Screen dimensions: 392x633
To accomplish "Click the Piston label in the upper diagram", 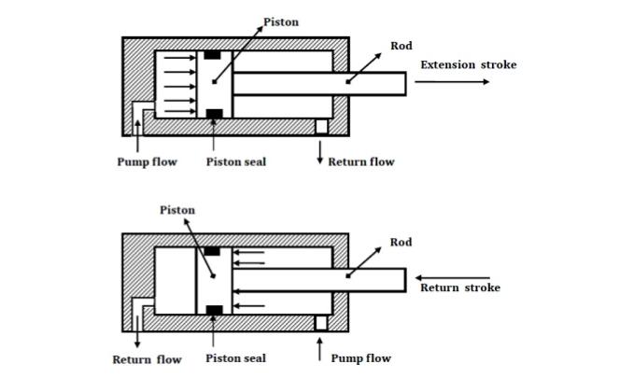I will point(282,21).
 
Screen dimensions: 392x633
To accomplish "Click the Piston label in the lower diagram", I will point(176,210).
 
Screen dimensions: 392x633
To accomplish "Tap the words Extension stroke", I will point(468,64).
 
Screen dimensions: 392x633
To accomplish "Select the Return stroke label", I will point(459,287).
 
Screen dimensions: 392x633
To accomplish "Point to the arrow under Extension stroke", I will point(452,82).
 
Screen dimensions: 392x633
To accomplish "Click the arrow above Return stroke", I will point(452,277).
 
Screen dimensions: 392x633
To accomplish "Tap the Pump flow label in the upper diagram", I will point(147,161).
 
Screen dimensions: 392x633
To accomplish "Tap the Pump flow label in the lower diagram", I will point(360,358).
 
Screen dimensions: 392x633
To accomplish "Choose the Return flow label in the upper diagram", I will point(360,161).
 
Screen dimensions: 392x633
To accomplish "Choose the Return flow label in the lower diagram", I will point(147,359).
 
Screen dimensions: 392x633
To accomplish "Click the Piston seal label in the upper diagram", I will point(236,161).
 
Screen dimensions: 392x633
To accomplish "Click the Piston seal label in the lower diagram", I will point(236,358).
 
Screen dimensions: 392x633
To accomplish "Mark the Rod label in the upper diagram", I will point(401,46).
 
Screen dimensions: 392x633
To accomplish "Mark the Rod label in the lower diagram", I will point(401,243).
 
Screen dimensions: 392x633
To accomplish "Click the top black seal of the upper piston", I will point(213,55).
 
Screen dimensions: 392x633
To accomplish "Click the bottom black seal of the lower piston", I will point(213,309).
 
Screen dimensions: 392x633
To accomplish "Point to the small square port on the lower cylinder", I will point(321,322).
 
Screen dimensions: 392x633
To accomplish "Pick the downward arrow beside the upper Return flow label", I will point(320,154).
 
